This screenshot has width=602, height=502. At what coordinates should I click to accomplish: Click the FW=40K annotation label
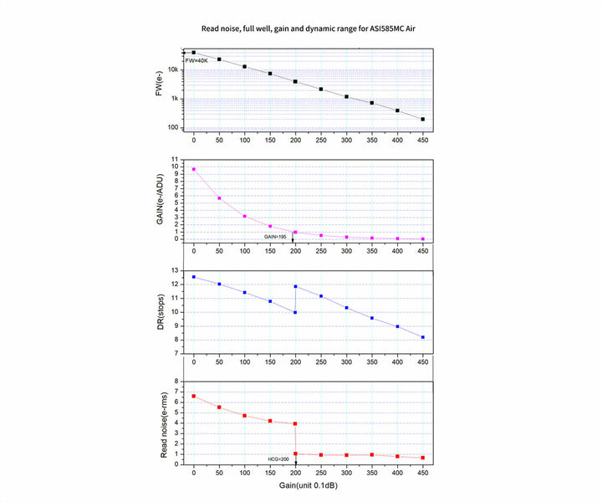tap(197, 61)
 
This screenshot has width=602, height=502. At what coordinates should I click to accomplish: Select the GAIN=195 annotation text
tap(277, 238)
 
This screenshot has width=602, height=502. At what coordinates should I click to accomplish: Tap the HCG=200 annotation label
tap(278, 459)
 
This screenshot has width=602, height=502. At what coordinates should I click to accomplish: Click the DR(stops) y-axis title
tap(159, 311)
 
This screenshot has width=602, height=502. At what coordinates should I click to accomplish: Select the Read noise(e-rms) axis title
tap(159, 423)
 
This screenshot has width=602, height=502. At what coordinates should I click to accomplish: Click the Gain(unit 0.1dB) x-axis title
tap(309, 485)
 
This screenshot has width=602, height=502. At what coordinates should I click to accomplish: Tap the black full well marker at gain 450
tap(423, 120)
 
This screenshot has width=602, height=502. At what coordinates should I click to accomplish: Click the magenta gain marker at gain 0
tap(194, 169)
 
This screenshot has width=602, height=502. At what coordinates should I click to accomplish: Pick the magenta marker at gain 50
tap(219, 198)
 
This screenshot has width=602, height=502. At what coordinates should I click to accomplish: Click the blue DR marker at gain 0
tap(194, 277)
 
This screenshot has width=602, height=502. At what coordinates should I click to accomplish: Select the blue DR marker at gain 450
tap(423, 337)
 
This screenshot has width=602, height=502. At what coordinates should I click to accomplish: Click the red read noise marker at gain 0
tap(194, 396)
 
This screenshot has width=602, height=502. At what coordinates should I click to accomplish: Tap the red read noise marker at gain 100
tap(245, 416)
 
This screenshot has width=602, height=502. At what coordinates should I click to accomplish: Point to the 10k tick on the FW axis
tap(173, 69)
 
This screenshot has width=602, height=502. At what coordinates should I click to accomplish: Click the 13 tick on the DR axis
tap(174, 270)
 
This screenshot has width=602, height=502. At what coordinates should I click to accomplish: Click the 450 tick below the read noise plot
tap(423, 472)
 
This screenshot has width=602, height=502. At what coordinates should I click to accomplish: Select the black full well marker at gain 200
tap(295, 81)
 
